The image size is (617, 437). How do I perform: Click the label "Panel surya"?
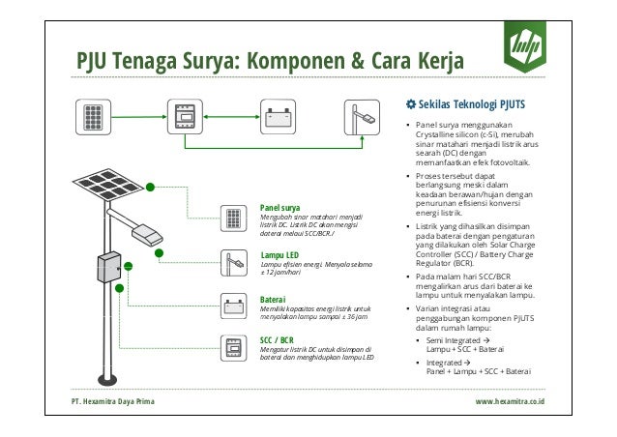pyautogui.click(x=279, y=206)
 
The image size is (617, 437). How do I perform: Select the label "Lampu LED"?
pyautogui.click(x=279, y=254)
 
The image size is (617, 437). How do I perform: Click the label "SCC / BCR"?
pyautogui.click(x=278, y=341)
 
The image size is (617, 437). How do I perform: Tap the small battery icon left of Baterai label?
pyautogui.click(x=232, y=307)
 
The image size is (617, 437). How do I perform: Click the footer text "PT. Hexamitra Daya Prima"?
pyautogui.click(x=111, y=399)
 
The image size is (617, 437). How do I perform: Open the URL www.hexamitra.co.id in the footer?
pyautogui.click(x=511, y=399)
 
